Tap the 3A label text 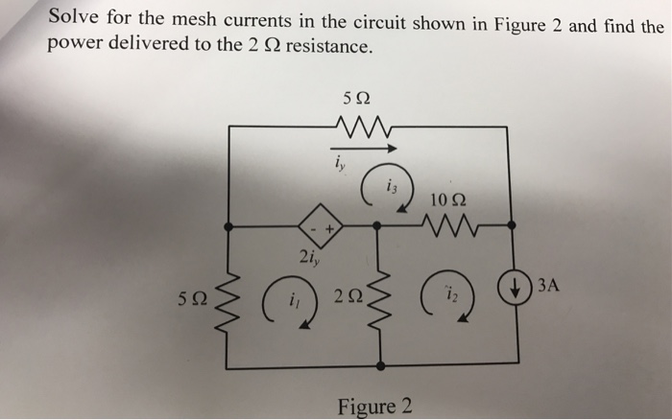point(548,285)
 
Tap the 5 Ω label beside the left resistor point(192,298)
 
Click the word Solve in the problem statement point(74,17)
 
